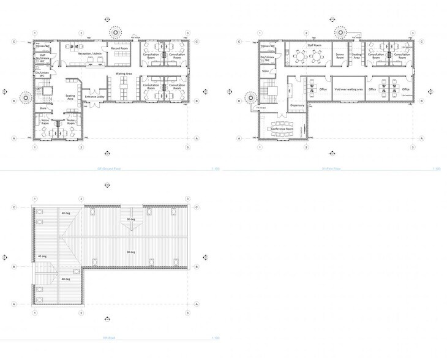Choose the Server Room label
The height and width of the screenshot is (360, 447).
coord(340,55)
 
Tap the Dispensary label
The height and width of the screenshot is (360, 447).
coord(296,105)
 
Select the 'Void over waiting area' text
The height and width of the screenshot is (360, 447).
coord(348,89)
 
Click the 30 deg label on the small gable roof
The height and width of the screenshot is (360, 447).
coord(130,219)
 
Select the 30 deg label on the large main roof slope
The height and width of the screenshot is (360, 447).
coord(131,252)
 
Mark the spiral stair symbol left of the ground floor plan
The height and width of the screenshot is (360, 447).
coord(25,97)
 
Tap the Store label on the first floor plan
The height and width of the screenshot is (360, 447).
coord(266,71)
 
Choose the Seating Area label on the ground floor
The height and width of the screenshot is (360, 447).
coord(70,97)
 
